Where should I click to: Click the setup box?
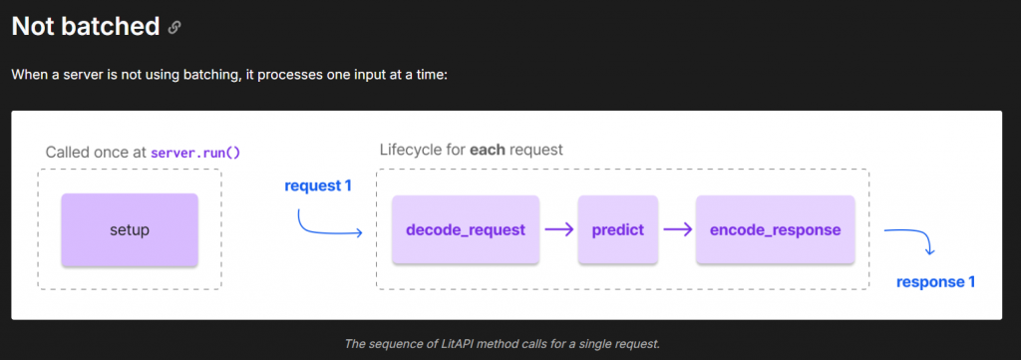click(130, 229)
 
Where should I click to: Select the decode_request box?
click(466, 229)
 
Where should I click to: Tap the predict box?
click(618, 229)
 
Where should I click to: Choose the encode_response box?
click(775, 229)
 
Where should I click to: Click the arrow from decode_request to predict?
click(558, 229)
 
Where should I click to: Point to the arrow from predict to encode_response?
click(677, 229)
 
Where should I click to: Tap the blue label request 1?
click(318, 185)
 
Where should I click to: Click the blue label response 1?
click(935, 282)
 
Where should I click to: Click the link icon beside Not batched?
click(173, 27)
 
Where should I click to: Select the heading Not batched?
click(86, 26)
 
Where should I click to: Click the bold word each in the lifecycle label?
click(487, 150)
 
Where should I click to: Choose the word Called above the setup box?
click(65, 153)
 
